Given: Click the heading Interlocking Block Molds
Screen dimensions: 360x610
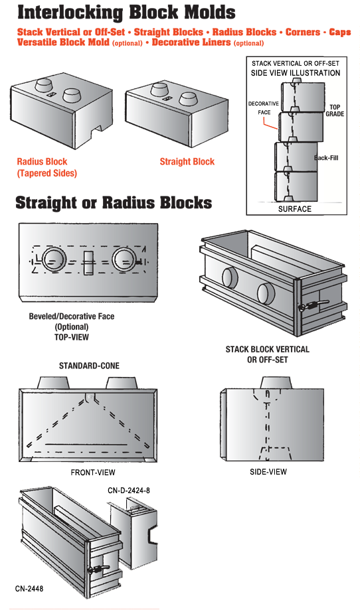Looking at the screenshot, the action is pos(126,12).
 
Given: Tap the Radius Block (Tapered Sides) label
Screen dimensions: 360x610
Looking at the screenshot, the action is pos(46,167).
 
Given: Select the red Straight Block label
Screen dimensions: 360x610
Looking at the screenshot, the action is pos(187,161).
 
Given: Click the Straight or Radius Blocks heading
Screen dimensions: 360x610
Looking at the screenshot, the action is pos(114,202).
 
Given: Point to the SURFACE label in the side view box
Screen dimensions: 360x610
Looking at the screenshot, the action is pos(295,209).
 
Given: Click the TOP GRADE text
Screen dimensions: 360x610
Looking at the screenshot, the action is pos(335,110).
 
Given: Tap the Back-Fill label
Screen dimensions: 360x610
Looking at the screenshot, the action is pos(326,157).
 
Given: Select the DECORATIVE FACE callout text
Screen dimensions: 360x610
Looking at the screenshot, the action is pos(264,108).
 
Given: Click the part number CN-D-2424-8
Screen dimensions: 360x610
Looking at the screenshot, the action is pos(129,490).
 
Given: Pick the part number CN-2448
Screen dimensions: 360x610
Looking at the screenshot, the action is pos(29,589).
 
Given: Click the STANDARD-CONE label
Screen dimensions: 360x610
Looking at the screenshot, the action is pos(89,366).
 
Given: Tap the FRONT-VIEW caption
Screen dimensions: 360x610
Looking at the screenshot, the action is pos(93,473).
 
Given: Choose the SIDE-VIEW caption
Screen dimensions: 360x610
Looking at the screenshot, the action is pos(268,472).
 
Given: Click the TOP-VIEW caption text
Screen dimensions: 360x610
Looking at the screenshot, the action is pos(72,337).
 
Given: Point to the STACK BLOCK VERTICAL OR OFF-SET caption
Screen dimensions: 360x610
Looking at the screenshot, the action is pos(268,354).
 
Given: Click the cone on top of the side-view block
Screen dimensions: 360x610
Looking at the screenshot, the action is pos(276,382).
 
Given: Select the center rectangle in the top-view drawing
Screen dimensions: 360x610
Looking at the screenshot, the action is pos(88,263).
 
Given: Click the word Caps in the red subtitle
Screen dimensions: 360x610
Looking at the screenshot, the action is pos(340,32).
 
